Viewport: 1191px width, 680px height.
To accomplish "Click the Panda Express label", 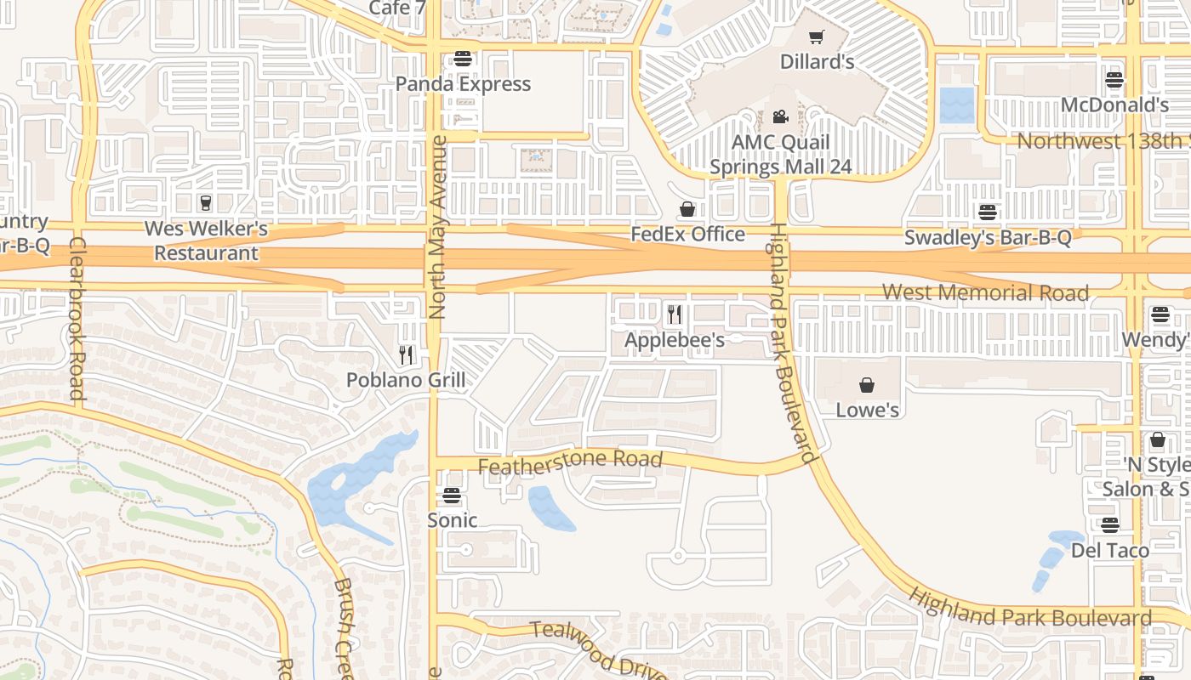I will pos(463,83).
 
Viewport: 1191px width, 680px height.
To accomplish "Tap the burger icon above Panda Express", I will pos(463,59).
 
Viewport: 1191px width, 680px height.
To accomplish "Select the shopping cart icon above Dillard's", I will pos(817,37).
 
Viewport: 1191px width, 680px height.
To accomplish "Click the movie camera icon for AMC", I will pos(780,117).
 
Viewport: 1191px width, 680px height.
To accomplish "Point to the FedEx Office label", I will pos(687,234).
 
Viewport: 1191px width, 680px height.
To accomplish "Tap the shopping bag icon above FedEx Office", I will pos(687,209).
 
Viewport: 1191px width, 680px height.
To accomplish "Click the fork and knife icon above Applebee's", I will pos(675,314).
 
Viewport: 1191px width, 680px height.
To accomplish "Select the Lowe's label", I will pos(867,410).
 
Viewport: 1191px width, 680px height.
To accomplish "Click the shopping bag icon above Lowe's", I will pos(867,385).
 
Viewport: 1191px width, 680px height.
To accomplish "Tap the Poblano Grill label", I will pos(406,379).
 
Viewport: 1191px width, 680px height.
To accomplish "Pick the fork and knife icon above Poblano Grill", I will pos(406,354).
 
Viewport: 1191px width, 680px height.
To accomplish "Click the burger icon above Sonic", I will pos(452,496).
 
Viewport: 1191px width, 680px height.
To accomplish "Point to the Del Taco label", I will pos(1109,550).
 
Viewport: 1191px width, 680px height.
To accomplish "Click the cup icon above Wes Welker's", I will pos(205,203).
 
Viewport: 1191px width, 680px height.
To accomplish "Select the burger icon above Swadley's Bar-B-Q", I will pos(987,212).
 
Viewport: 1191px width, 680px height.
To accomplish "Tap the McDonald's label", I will pos(1114,105).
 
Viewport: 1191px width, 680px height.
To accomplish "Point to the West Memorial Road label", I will pos(985,292).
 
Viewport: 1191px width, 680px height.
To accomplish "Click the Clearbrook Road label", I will pos(77,318).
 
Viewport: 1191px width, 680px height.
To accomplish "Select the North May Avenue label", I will pos(438,227).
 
